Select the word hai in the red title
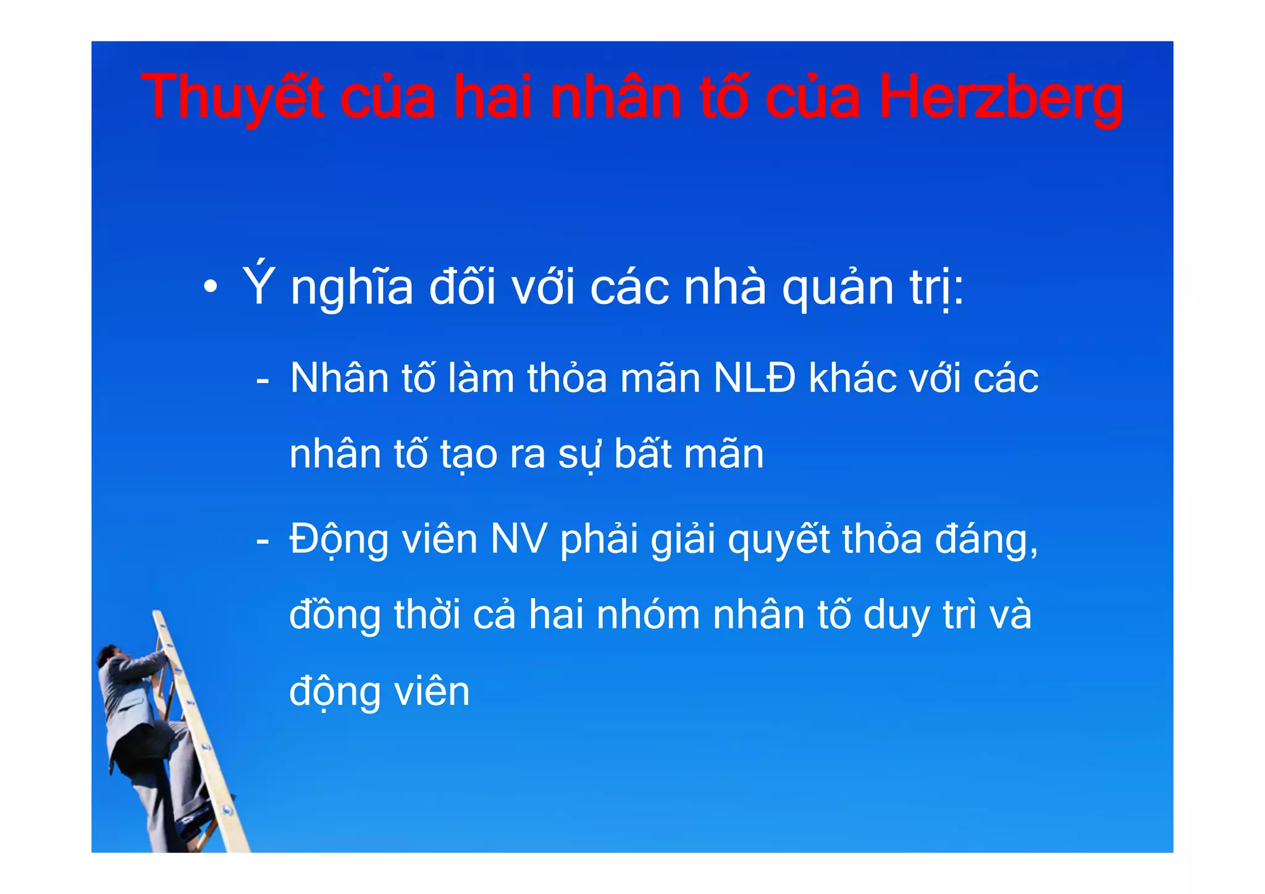click(492, 98)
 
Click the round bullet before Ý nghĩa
click(211, 287)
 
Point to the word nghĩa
click(351, 288)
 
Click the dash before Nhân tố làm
click(263, 379)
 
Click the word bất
click(642, 454)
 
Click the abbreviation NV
click(518, 539)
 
